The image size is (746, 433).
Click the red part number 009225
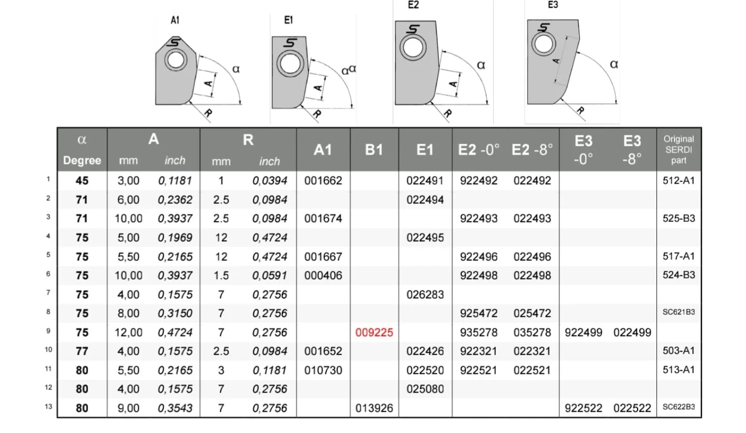[374, 332]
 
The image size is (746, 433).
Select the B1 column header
[374, 150]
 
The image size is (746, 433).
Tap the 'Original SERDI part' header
[679, 150]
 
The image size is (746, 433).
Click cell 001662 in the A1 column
[323, 180]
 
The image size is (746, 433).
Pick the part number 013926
[374, 408]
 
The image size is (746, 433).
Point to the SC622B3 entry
[679, 407]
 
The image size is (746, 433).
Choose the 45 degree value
[82, 180]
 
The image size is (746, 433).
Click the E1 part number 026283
[425, 295]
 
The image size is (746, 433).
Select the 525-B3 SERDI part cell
[679, 218]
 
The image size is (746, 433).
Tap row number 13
[48, 407]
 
